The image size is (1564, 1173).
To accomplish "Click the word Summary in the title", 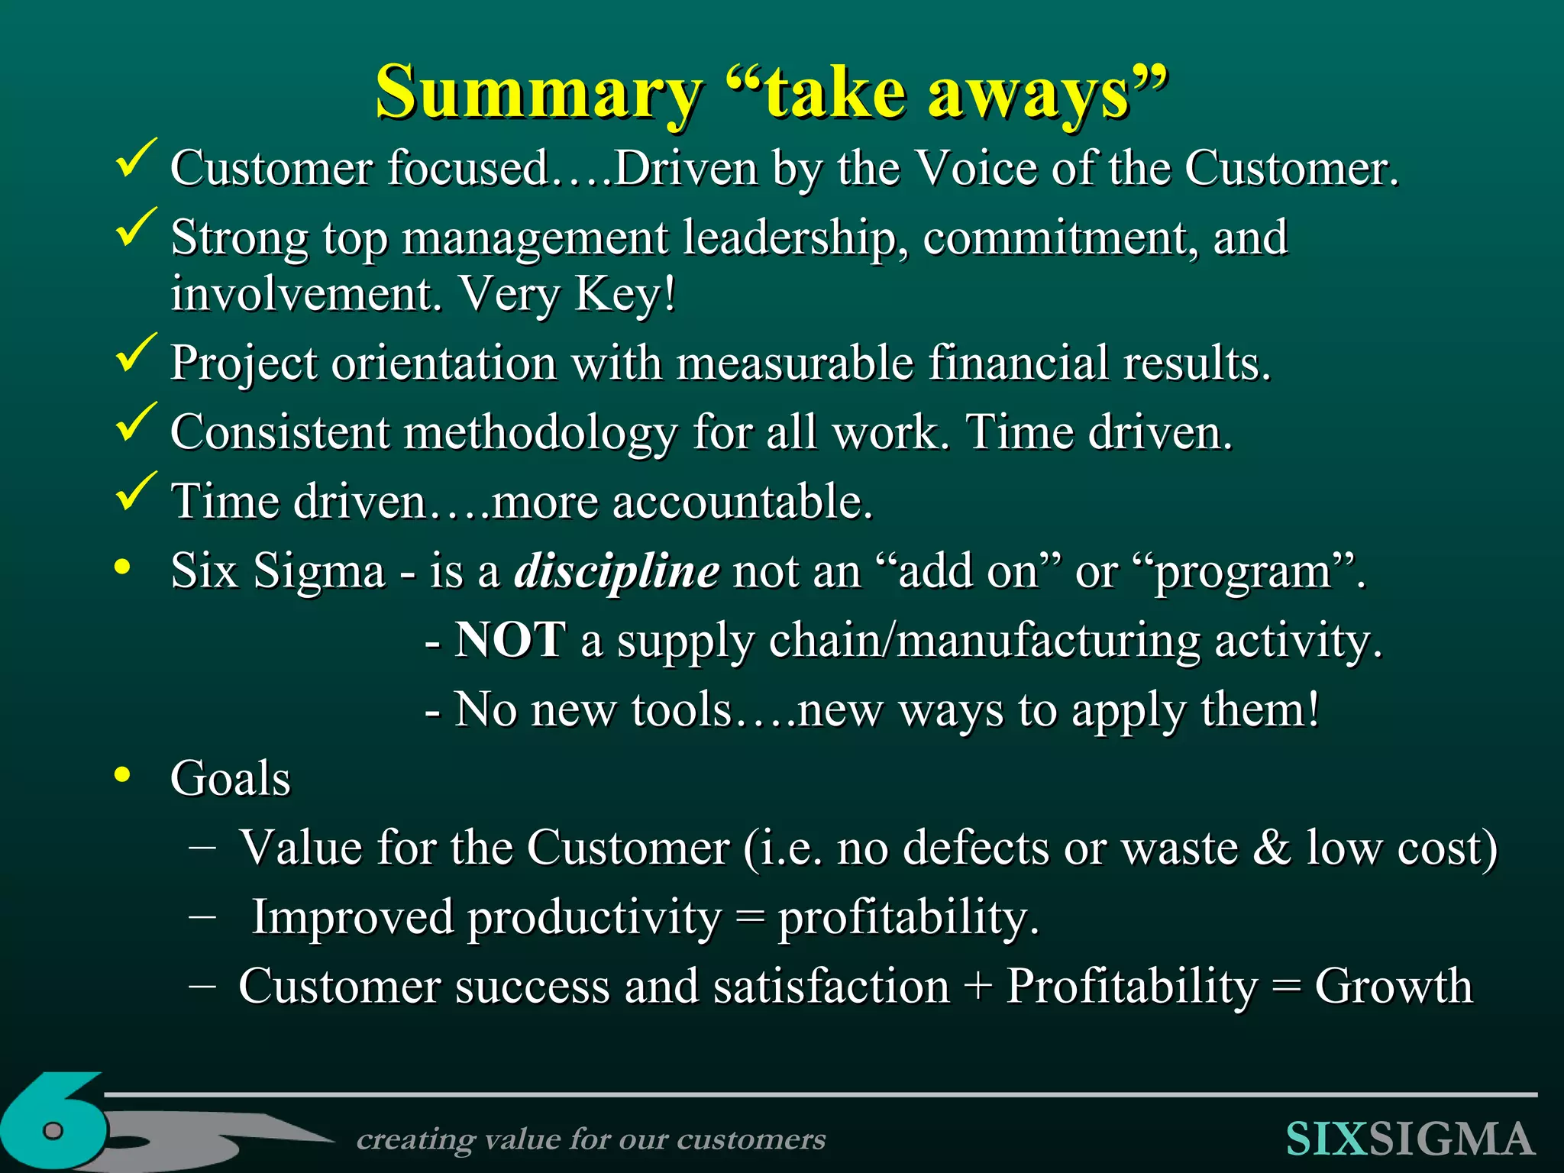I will [538, 93].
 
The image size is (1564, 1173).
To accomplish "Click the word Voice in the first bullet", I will [976, 168].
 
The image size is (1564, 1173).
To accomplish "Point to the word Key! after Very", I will [625, 294].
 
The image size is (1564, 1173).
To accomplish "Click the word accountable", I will [742, 502].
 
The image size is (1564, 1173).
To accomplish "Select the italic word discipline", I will [616, 571].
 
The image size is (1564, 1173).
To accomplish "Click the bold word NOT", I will [510, 640].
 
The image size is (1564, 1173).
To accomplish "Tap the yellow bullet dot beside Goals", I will [122, 777].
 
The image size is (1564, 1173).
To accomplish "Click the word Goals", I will [231, 779].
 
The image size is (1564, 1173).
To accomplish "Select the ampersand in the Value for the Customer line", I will [1272, 848].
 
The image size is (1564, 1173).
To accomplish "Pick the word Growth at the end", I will [1393, 987].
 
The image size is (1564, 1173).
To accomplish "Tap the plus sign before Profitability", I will [978, 987].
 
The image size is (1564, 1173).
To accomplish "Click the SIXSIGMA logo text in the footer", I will [1410, 1139].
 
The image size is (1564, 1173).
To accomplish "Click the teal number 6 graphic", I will [53, 1123].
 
